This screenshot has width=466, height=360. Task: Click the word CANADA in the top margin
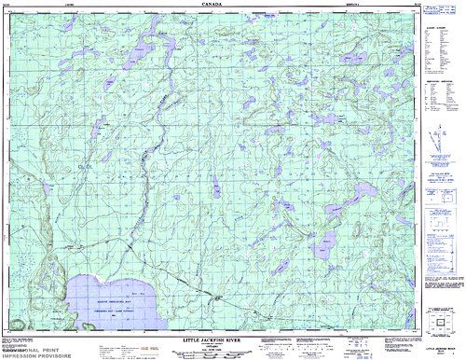point(212,4)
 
